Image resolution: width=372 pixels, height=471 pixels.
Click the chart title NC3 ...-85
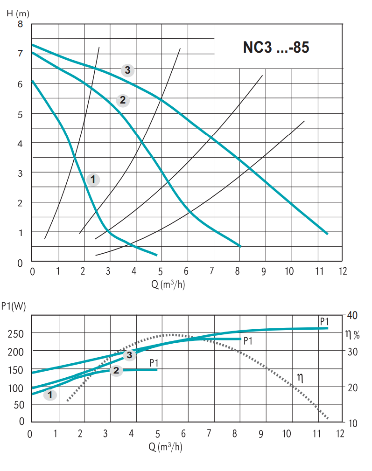276,48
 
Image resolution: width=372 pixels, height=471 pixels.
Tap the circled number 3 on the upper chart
127,70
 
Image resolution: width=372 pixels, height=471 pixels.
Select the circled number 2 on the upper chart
122,100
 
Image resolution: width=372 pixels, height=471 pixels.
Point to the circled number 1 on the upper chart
93,179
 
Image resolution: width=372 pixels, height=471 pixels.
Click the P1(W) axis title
14,306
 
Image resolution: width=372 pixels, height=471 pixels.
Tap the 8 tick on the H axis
20,24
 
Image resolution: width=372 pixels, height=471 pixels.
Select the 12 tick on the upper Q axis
343,271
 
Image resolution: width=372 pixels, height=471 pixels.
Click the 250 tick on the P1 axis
16,333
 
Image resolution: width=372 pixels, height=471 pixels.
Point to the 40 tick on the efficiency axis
351,316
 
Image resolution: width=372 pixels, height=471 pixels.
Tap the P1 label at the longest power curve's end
324,321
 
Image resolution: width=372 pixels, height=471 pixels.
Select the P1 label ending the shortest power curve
154,362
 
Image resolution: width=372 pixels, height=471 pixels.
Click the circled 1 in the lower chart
50,395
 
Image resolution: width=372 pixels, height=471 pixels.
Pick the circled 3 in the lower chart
129,355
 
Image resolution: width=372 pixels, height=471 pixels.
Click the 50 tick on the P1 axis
18,404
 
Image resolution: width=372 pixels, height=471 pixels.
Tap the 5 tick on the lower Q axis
158,434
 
